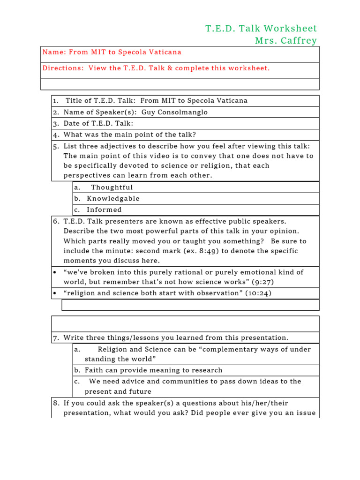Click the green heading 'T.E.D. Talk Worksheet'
pos(261,29)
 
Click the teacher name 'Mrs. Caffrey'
pos(286,41)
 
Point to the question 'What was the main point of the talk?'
pos(130,135)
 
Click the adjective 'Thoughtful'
pos(112,187)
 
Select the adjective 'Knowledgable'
pos(113,199)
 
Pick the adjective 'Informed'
pos(104,210)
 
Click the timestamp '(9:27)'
pos(263,282)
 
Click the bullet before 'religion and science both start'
pos(55,293)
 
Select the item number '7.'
pos(56,338)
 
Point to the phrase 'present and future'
pos(118,391)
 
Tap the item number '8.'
pos(56,403)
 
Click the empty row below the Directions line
pos(180,84)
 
